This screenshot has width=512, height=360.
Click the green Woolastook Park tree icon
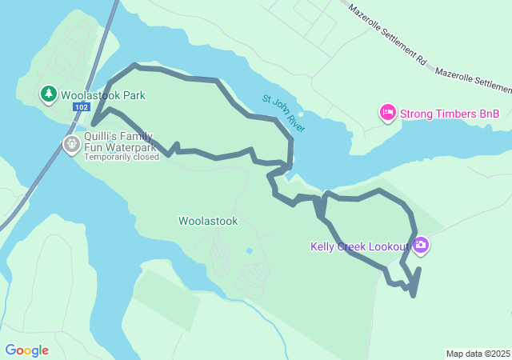coord(49,94)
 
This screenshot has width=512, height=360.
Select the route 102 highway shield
coord(80,106)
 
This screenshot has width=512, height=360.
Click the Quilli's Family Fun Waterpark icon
coord(71,144)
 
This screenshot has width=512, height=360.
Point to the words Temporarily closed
coord(122,157)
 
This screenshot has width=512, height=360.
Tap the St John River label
coord(284,114)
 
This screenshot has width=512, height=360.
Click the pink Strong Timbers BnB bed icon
coord(388,114)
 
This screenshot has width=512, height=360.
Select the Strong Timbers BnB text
coord(450,114)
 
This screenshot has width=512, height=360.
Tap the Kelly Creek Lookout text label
coord(360,246)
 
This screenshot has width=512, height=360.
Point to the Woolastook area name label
coord(208,222)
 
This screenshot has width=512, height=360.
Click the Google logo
coord(26,350)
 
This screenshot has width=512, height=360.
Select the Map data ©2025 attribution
coord(478,354)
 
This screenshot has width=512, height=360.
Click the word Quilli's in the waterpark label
coord(102,137)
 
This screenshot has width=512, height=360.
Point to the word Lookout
coord(390,246)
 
